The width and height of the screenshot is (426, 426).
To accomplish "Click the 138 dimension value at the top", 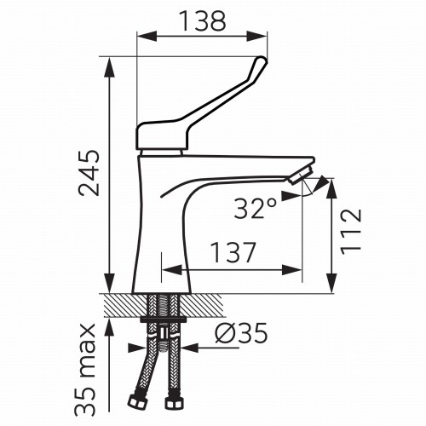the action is pyautogui.click(x=204, y=20).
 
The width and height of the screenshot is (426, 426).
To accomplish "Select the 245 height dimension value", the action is pyautogui.click(x=89, y=173).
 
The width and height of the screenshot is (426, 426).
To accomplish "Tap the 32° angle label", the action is pyautogui.click(x=255, y=208).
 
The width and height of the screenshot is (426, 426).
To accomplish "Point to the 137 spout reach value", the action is pyautogui.click(x=233, y=252).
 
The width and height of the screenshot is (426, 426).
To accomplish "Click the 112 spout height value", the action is pyautogui.click(x=351, y=232).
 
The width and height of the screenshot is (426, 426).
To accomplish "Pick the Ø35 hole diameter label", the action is pyautogui.click(x=241, y=333).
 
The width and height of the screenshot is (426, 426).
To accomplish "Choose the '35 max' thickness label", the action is pyautogui.click(x=85, y=370).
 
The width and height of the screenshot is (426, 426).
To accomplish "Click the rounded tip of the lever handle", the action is pyautogui.click(x=262, y=60).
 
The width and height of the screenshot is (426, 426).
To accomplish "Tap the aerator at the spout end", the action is pyautogui.click(x=301, y=176).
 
